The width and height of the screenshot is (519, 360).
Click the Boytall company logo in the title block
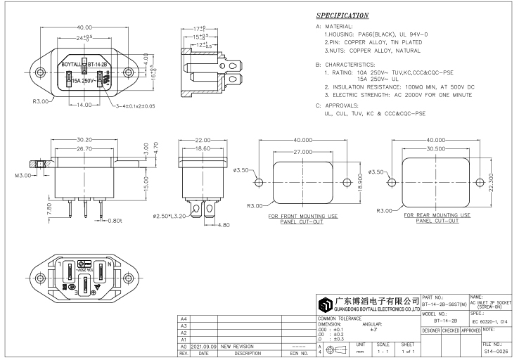[326, 304]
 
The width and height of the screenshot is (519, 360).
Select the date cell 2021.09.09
[203, 347]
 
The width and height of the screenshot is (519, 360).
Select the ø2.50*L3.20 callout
[168, 216]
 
